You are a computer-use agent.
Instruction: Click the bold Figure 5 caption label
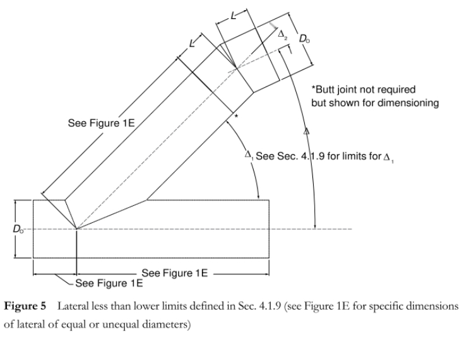tap(25, 306)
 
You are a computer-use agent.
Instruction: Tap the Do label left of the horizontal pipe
tap(18, 229)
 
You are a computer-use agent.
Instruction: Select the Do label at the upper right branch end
tap(305, 39)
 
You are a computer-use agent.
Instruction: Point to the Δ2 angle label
tap(283, 35)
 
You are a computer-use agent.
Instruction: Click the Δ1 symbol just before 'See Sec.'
tap(249, 155)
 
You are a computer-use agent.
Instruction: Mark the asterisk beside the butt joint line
tap(236, 116)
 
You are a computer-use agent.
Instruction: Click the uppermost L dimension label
tap(234, 15)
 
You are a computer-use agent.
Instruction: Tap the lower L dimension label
tap(192, 44)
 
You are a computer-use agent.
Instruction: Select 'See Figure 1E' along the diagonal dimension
tap(101, 123)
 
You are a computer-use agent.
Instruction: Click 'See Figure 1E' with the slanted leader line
tap(109, 284)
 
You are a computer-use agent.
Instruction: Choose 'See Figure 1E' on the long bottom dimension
tap(175, 273)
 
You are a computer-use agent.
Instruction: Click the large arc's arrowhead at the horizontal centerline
tap(316, 225)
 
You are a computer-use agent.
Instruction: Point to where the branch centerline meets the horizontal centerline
tap(76, 229)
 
